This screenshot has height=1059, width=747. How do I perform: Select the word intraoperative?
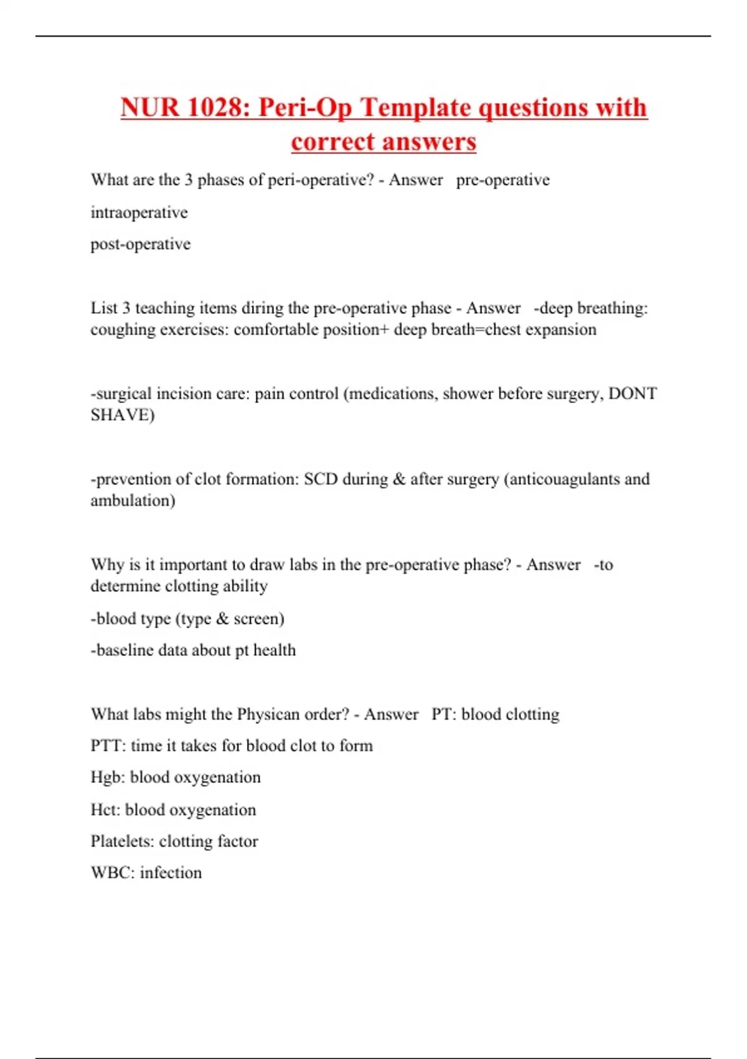[139, 212]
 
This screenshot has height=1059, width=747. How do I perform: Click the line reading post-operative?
[141, 244]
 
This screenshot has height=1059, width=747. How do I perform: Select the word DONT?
[632, 394]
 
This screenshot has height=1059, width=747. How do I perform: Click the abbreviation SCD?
[320, 479]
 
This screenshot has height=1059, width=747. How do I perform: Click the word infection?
[171, 873]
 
